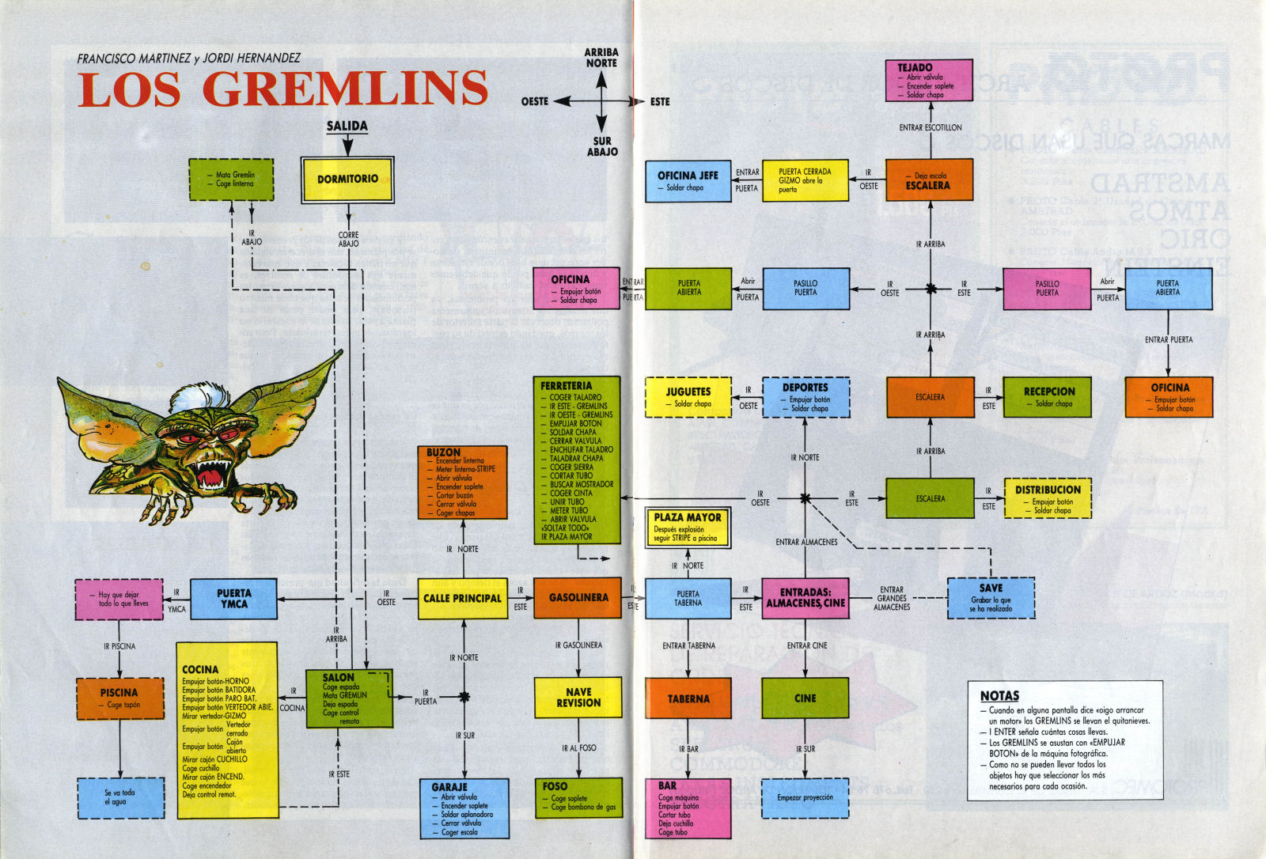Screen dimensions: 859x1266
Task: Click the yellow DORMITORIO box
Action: pos(347,180)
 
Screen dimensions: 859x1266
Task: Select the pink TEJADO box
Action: pos(929,80)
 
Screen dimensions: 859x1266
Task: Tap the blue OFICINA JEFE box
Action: pos(688,180)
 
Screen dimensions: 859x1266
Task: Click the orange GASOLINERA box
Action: pos(578,598)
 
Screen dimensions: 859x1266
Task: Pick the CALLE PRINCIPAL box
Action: pos(462,598)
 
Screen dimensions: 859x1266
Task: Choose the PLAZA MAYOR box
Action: pos(688,528)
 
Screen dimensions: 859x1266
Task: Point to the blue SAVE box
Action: pos(991,597)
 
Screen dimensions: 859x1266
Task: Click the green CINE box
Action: pos(805,698)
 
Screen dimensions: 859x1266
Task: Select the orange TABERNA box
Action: pos(688,698)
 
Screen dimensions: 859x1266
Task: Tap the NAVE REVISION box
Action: pos(578,697)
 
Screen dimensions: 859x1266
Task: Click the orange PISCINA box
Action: pos(119,698)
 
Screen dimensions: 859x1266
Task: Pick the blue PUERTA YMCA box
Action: pos(234,598)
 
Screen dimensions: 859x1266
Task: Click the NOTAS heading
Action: pos(999,696)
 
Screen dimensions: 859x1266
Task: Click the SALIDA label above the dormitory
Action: pos(347,126)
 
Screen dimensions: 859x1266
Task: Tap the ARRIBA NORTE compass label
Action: pos(601,58)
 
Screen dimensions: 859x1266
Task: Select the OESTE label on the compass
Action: pos(534,101)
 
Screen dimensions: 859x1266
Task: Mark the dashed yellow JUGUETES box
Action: pos(688,397)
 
